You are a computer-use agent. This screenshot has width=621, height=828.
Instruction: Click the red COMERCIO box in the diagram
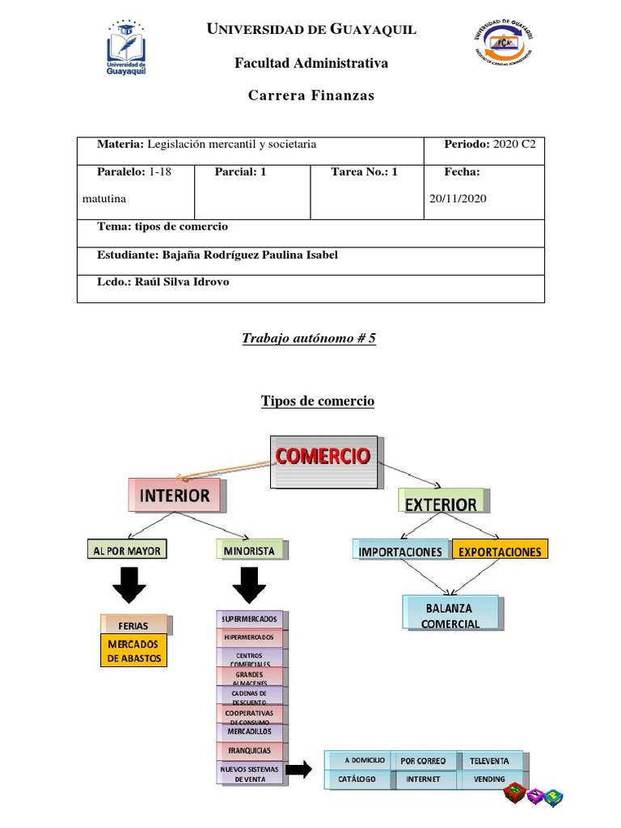point(323,461)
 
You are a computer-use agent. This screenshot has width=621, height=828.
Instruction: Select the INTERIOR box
point(175,494)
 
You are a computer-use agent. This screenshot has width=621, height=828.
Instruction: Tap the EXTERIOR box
point(441,503)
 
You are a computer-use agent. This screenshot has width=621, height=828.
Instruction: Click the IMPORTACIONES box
point(400,551)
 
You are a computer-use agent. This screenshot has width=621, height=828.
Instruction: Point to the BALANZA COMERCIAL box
point(450,615)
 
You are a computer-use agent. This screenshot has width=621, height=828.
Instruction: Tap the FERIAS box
point(133,625)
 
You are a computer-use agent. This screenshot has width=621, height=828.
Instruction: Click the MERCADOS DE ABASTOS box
point(133,651)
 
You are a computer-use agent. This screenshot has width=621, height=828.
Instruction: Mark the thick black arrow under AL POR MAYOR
point(129,585)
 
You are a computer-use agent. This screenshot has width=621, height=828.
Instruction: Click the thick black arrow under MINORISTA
point(249,585)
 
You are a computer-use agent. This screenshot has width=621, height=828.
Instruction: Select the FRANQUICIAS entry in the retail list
point(249,750)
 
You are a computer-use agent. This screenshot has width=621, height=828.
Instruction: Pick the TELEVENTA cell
point(489,760)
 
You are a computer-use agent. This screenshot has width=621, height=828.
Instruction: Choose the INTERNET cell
point(424,779)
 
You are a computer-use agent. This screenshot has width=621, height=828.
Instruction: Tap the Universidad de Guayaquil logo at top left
point(128,49)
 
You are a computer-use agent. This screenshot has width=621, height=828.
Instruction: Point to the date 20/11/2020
point(458,198)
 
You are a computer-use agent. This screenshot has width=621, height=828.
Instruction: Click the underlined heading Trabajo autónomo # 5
point(310,338)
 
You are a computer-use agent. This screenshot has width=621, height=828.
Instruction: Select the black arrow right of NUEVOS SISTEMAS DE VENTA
point(298,770)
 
